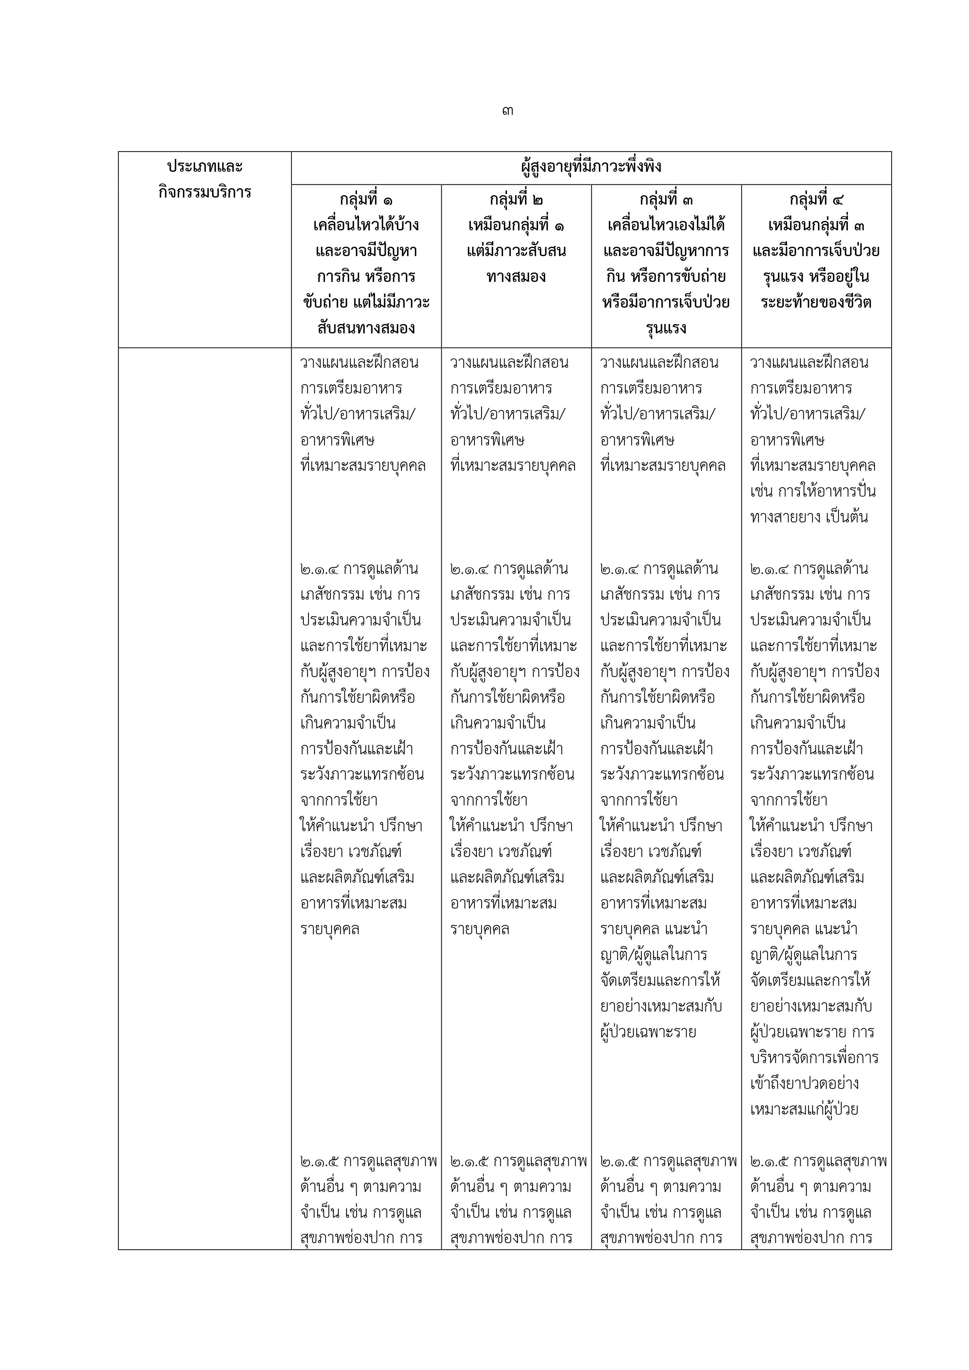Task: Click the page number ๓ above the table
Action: (508, 111)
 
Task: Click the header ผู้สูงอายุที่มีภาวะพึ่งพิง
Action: (591, 166)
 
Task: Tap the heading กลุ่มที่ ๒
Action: (516, 199)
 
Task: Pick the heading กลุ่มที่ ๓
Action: (666, 199)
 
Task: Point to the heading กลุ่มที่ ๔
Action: (816, 199)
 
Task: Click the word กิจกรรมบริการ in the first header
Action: (205, 192)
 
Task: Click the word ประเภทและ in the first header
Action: (205, 166)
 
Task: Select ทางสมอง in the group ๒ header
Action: (516, 276)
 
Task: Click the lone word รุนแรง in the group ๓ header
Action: (666, 328)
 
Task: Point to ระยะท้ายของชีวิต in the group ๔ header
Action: (816, 302)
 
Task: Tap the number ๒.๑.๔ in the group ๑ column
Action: (319, 568)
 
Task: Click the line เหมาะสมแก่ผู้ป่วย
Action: (804, 1109)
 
